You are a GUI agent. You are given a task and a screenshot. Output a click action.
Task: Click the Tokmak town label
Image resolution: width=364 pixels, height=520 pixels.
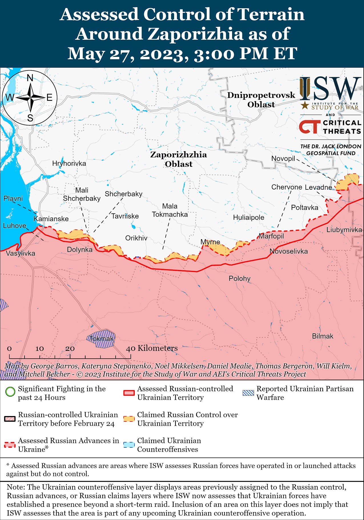click(x=101, y=339)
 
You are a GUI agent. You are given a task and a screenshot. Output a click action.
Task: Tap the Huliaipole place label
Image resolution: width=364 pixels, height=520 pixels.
click(x=248, y=217)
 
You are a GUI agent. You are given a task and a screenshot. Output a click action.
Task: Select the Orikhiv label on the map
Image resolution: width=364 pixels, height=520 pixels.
click(x=136, y=238)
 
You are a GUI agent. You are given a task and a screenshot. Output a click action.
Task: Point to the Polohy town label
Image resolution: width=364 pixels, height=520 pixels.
click(x=240, y=279)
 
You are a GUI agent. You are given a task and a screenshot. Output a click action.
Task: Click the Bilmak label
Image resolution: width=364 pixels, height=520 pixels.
click(x=323, y=336)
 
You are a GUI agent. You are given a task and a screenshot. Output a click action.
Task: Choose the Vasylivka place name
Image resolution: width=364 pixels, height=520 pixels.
click(x=21, y=253)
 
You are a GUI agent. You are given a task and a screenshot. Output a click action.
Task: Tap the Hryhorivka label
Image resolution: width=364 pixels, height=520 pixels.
click(x=69, y=163)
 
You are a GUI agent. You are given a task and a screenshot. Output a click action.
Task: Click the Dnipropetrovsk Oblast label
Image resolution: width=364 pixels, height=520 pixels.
click(x=261, y=100)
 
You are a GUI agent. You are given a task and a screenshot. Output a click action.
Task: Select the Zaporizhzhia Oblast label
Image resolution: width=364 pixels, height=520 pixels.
click(x=178, y=159)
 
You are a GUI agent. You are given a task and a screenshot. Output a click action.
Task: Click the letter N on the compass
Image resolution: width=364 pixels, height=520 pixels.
click(x=30, y=78)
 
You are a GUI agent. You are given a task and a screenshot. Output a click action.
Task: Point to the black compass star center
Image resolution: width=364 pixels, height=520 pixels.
click(x=30, y=98)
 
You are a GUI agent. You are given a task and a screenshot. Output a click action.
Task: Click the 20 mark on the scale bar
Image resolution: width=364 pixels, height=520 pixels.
click(x=70, y=349)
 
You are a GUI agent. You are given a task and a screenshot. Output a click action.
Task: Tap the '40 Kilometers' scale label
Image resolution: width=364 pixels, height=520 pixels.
click(x=152, y=348)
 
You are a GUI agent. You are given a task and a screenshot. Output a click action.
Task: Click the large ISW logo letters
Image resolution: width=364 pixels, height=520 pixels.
click(x=331, y=88)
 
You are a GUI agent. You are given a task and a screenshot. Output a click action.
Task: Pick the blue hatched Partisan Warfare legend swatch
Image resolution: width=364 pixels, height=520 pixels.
click(x=248, y=393)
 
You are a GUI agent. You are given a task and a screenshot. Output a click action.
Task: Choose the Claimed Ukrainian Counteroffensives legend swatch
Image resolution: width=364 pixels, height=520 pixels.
click(x=129, y=445)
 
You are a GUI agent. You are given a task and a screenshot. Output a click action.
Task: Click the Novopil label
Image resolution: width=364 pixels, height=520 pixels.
click(x=283, y=159)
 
